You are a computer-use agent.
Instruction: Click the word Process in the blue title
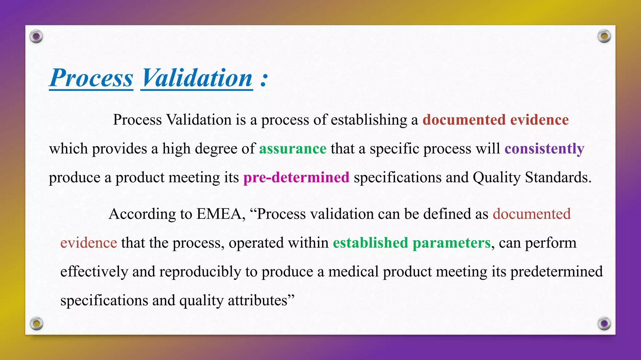click(91, 78)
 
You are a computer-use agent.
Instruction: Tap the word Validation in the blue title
click(197, 78)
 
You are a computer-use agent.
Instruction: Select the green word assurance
click(293, 149)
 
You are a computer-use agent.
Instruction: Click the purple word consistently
click(544, 149)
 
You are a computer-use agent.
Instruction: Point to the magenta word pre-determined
click(296, 177)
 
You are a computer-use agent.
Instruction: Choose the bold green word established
click(370, 243)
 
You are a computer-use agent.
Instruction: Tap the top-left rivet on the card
click(36, 37)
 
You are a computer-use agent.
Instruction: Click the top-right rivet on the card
click(604, 37)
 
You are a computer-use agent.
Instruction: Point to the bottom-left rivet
click(36, 323)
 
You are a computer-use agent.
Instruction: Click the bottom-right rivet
click(604, 323)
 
